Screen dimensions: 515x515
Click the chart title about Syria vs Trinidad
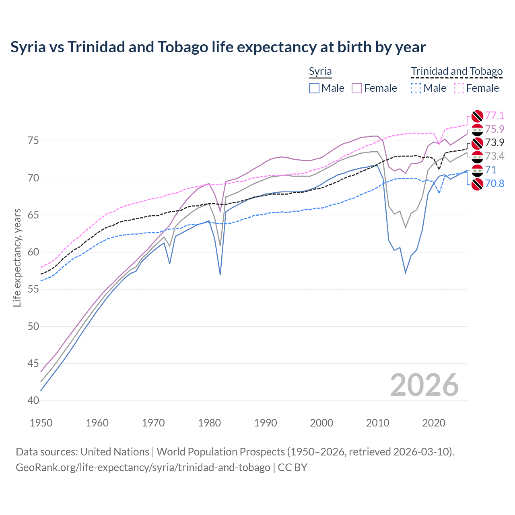(x=218, y=47)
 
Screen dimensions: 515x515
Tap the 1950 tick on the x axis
(x=41, y=423)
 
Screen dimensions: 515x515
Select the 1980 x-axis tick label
(x=209, y=423)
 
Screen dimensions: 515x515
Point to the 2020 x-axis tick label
(x=434, y=423)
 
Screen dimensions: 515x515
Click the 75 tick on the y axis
(x=33, y=141)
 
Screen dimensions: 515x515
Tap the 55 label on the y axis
(x=33, y=289)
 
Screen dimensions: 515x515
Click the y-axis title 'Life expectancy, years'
(x=17, y=257)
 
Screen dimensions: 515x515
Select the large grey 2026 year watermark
(x=424, y=385)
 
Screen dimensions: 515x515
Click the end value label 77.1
(x=494, y=116)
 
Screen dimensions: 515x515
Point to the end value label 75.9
(x=494, y=129)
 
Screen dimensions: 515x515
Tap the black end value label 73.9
(x=494, y=143)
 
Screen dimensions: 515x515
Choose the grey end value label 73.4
(x=494, y=157)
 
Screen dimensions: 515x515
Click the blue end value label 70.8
(x=494, y=184)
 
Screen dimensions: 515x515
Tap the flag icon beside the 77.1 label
(x=477, y=116)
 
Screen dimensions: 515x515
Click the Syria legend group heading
(x=320, y=72)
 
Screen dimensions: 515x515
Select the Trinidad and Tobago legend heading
(x=457, y=72)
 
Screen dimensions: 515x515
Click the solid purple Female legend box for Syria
(x=357, y=88)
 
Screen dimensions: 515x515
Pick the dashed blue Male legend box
(x=416, y=88)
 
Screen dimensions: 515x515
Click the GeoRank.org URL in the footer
(x=143, y=468)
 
